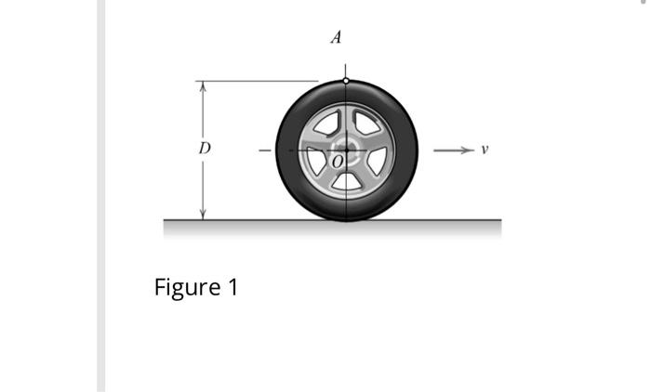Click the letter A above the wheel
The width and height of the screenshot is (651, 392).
click(x=337, y=38)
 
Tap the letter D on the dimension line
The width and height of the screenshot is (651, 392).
click(x=205, y=149)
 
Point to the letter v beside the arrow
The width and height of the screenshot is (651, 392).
click(x=484, y=149)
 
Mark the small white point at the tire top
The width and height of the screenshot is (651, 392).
click(x=346, y=81)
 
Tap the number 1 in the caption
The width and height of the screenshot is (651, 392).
click(x=232, y=287)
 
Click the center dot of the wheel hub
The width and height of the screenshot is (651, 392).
click(x=346, y=149)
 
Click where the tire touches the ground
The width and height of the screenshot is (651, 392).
click(x=346, y=220)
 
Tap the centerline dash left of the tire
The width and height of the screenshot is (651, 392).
click(x=264, y=150)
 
